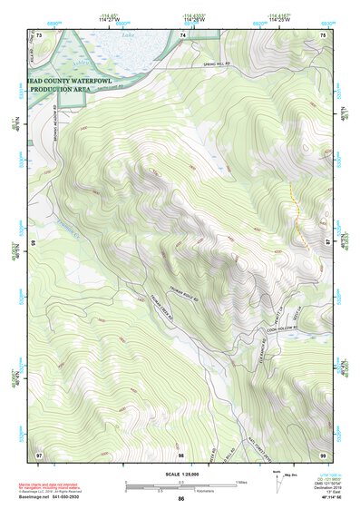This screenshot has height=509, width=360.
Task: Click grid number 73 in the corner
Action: pos(39,35)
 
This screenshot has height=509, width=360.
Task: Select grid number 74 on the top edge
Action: pos(183,35)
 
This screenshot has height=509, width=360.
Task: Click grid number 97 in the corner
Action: pos(39,453)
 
